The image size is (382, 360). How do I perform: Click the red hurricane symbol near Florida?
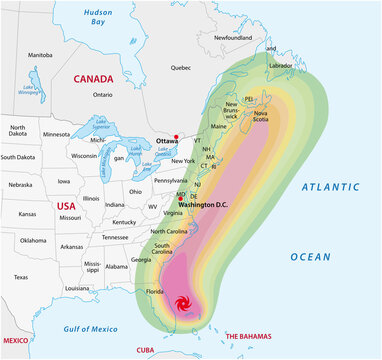[183, 304]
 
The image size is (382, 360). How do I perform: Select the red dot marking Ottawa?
[175, 136]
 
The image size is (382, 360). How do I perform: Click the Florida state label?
[155, 292]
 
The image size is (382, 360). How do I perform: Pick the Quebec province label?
[180, 67]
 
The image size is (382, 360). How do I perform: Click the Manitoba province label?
[40, 55]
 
